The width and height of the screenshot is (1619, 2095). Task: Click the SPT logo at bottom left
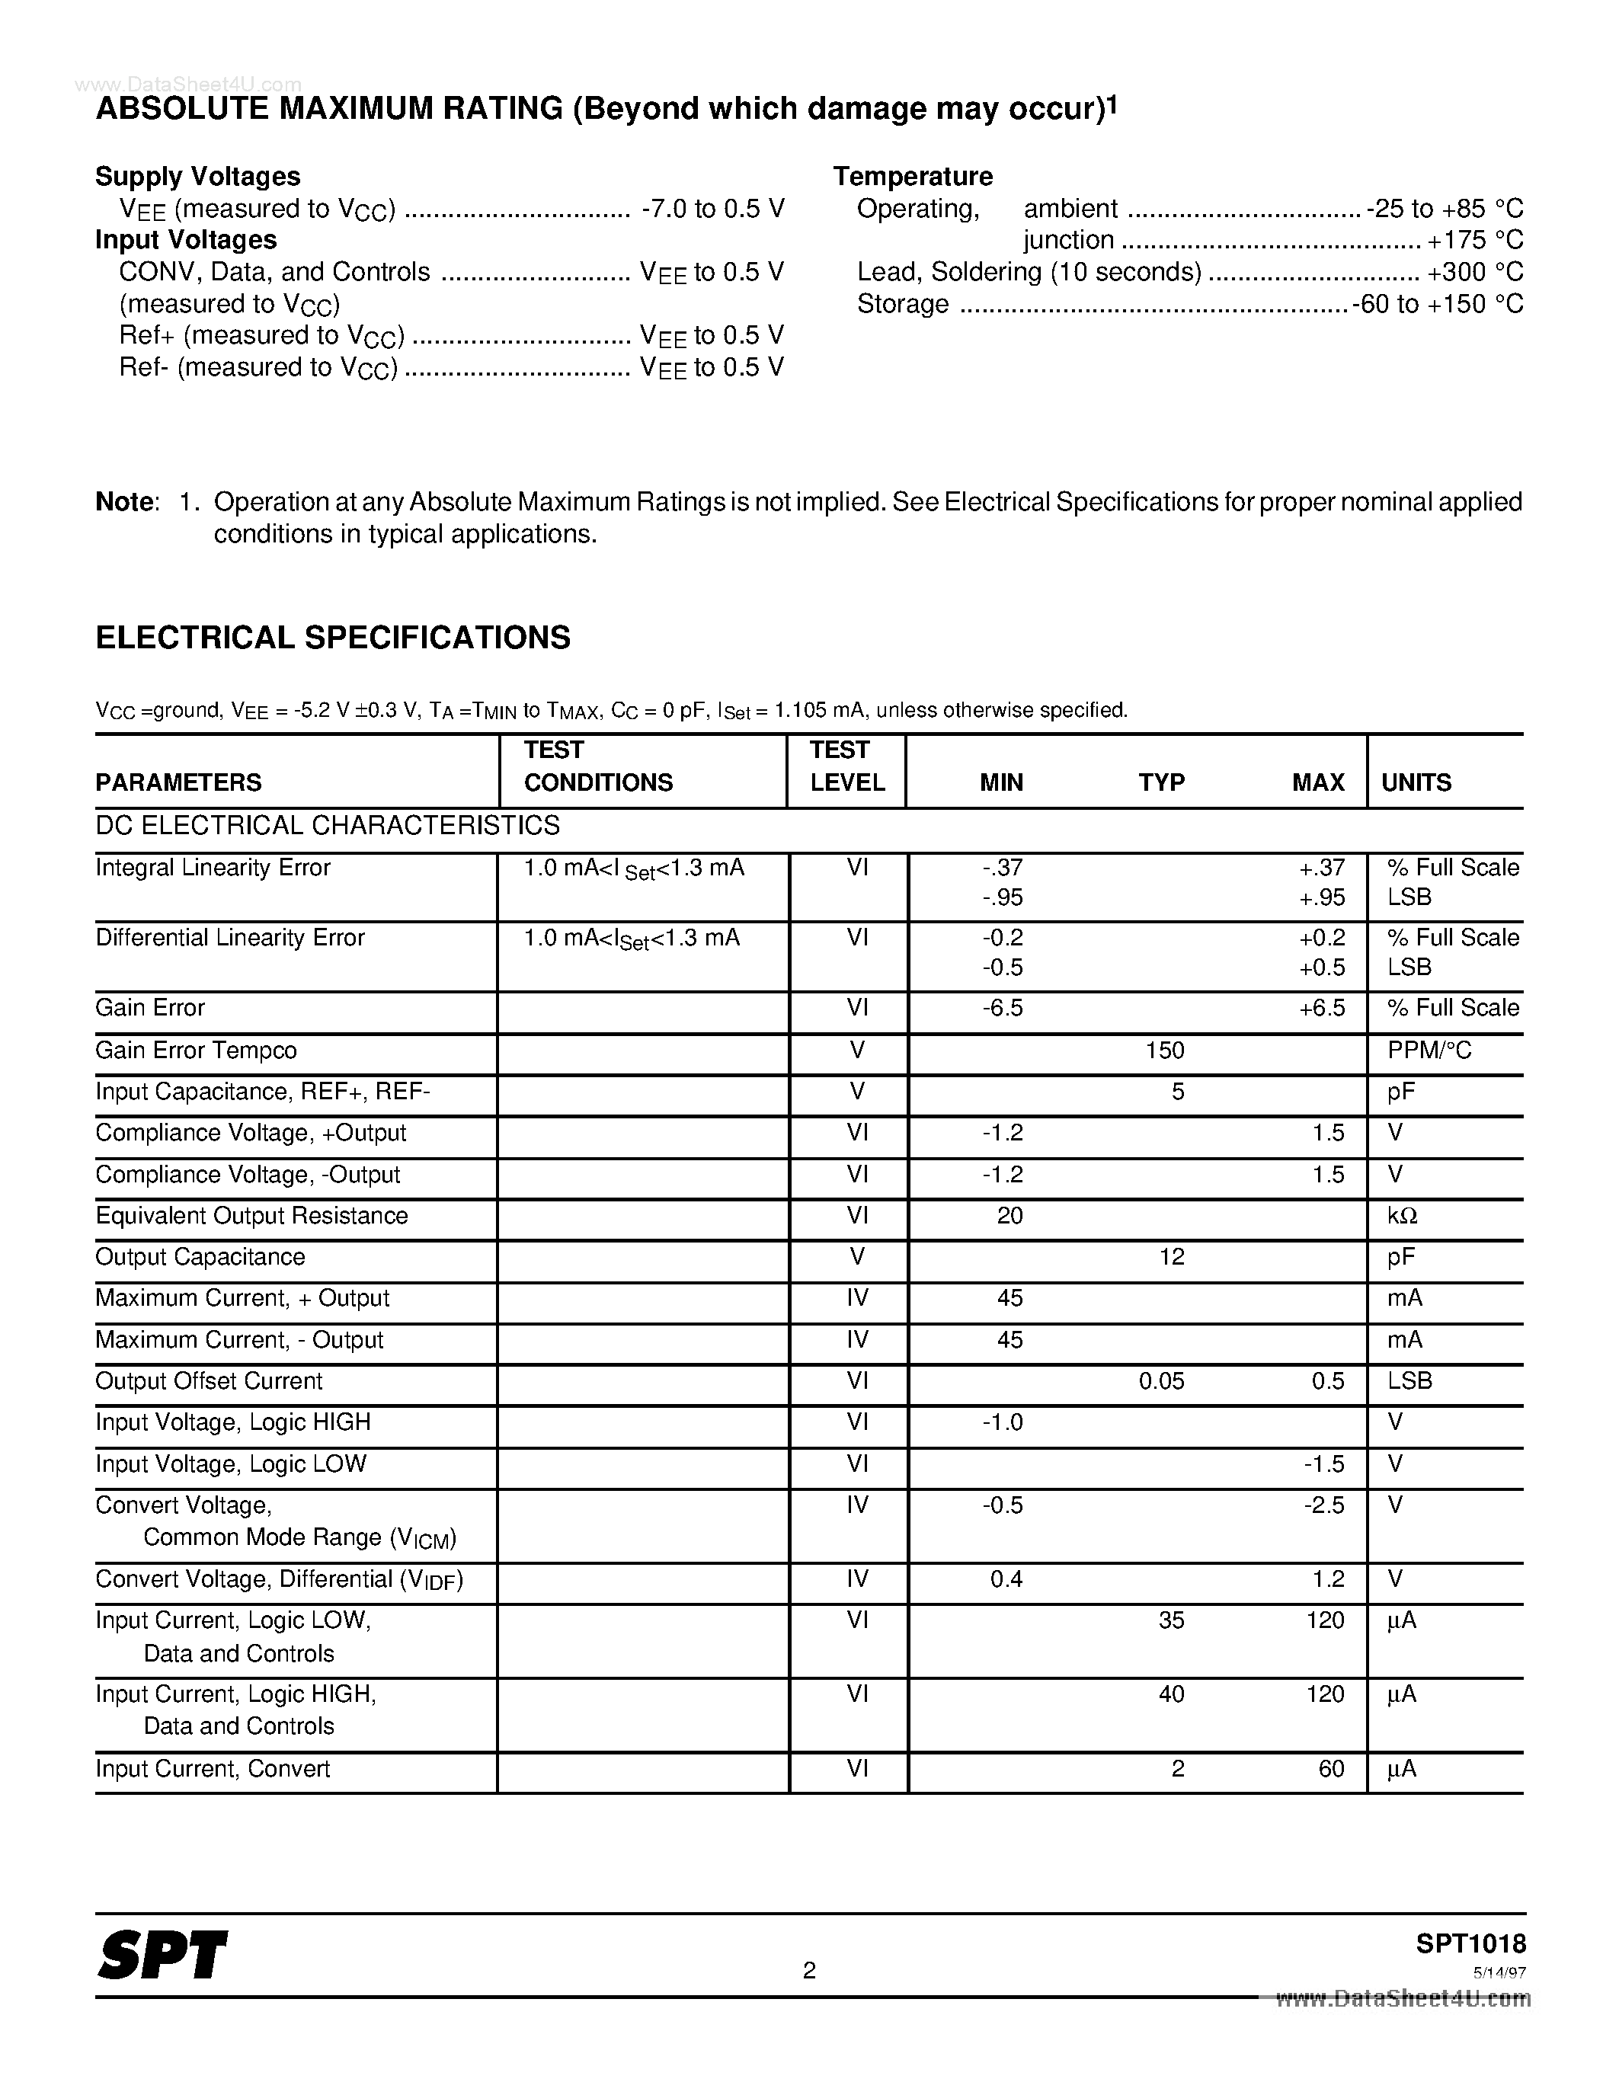(x=162, y=1955)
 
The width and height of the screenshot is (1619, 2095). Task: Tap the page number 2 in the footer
(x=808, y=1970)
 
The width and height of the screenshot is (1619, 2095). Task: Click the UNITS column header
(x=1416, y=782)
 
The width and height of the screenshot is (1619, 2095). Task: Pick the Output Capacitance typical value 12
(x=1171, y=1258)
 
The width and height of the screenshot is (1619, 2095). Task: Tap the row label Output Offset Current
(x=209, y=1381)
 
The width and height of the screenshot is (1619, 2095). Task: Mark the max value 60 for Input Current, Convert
(x=1330, y=1769)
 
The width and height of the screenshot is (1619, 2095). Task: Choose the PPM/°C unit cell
(x=1428, y=1051)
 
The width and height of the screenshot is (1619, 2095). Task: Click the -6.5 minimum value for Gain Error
(x=1003, y=1008)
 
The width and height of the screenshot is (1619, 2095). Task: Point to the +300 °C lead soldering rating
(x=1474, y=273)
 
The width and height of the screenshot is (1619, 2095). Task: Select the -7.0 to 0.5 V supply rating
(x=712, y=209)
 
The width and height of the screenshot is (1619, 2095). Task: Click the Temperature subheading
(x=912, y=177)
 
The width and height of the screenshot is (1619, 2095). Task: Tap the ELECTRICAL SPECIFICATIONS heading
(x=333, y=638)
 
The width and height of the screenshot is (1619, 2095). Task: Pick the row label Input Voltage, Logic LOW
(x=231, y=1463)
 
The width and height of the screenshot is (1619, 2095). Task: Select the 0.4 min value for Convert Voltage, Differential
(x=1006, y=1579)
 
